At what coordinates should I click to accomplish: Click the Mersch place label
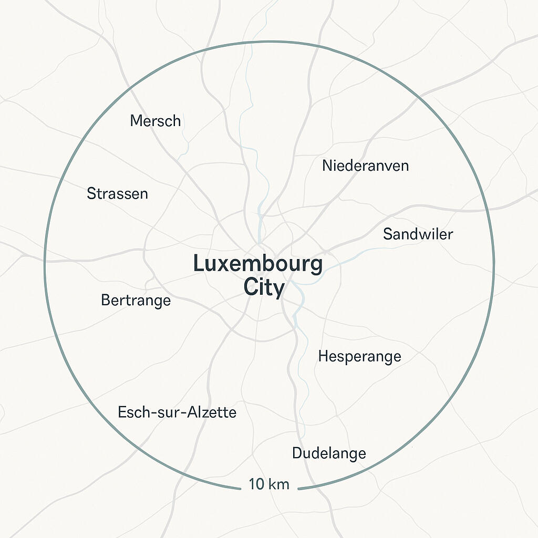point(156,121)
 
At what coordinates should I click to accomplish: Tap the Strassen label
point(117,193)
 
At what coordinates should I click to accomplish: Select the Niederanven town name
point(365,166)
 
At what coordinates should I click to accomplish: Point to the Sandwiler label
point(418,234)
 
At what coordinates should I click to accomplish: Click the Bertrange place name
point(136,301)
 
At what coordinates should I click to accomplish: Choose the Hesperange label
point(359,356)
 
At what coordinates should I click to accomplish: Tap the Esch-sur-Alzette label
point(177,412)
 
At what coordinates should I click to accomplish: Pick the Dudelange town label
point(329,453)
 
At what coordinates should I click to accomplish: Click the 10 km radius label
point(269,484)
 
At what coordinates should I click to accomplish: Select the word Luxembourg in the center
point(258,264)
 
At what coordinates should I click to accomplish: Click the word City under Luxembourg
point(264,288)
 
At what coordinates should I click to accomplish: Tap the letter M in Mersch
point(136,121)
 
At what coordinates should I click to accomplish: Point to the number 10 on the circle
point(256,484)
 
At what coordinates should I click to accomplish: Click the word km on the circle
point(278,484)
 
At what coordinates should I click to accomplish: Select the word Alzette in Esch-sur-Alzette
point(214,412)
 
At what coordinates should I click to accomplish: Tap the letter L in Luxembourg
point(198,264)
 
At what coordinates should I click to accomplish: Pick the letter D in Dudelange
point(297,453)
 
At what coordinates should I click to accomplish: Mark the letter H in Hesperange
point(323,356)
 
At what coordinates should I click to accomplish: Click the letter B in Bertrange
point(105,301)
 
